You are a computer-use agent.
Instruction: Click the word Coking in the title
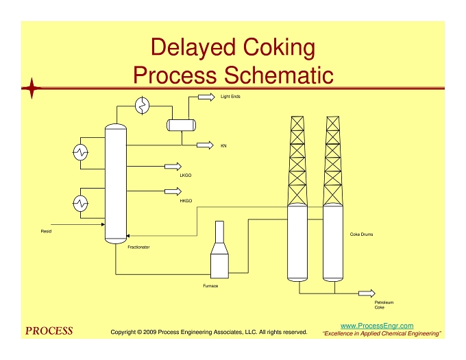click(279, 47)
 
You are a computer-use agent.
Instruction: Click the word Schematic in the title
click(278, 75)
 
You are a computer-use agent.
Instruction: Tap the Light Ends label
click(230, 96)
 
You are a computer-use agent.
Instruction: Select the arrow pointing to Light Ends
click(206, 97)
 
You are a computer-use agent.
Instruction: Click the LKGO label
click(186, 176)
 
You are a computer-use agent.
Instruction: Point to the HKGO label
click(186, 201)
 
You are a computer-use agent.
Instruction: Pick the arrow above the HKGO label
click(173, 191)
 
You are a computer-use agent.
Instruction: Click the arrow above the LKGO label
click(173, 166)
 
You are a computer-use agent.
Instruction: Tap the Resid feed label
click(46, 231)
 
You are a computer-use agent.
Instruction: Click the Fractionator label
click(139, 247)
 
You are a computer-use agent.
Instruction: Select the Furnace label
click(210, 286)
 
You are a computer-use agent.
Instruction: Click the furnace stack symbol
click(219, 250)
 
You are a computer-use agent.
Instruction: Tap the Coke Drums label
click(361, 235)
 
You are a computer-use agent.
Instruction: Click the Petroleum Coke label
click(384, 304)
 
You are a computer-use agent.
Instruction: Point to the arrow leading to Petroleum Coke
click(367, 293)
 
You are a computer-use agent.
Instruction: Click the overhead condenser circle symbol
click(143, 105)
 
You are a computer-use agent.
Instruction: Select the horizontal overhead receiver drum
click(182, 125)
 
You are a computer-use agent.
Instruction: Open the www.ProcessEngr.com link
click(377, 326)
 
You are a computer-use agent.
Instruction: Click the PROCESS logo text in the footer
click(49, 331)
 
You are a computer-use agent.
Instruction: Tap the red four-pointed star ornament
click(32, 88)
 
